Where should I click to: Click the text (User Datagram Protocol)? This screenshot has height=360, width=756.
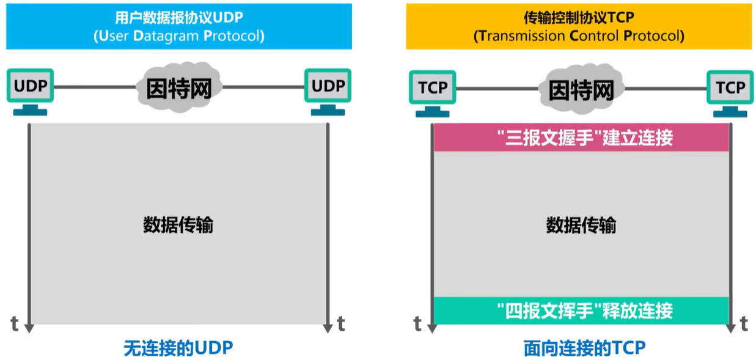point(178,36)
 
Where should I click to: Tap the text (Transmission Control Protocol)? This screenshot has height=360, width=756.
point(579,36)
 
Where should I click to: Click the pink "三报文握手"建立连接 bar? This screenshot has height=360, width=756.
point(581,138)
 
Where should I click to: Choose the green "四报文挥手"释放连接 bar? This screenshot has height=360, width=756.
point(581,310)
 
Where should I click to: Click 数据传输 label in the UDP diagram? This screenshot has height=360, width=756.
point(178,225)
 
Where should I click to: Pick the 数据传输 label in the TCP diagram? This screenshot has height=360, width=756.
point(581,225)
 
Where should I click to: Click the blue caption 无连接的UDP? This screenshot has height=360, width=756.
point(178,348)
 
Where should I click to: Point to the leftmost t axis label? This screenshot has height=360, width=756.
point(15,323)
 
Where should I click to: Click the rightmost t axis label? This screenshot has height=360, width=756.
point(744,323)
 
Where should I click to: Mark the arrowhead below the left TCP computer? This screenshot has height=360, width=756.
point(433,328)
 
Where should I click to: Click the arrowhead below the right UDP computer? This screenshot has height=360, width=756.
point(328,328)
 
